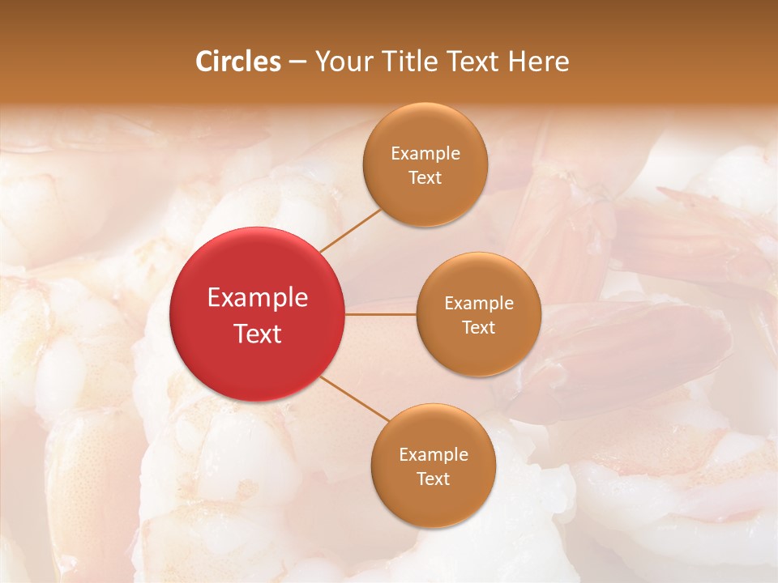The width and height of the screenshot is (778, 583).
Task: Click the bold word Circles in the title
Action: [238, 62]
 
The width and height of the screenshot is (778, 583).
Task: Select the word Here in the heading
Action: [538, 62]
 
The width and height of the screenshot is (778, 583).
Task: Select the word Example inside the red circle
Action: [258, 298]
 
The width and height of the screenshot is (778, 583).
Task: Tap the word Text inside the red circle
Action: [258, 334]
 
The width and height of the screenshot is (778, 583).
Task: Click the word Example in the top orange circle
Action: [425, 154]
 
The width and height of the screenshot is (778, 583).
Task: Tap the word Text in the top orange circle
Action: [425, 177]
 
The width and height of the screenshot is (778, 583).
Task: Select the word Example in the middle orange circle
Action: [479, 304]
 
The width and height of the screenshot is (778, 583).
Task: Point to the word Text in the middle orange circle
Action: [479, 327]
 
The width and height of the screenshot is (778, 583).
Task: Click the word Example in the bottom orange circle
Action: [434, 455]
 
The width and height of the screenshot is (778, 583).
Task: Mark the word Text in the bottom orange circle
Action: [434, 479]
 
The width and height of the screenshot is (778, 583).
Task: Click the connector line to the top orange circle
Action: [350, 230]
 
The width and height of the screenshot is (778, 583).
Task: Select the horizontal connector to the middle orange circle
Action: [380, 314]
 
